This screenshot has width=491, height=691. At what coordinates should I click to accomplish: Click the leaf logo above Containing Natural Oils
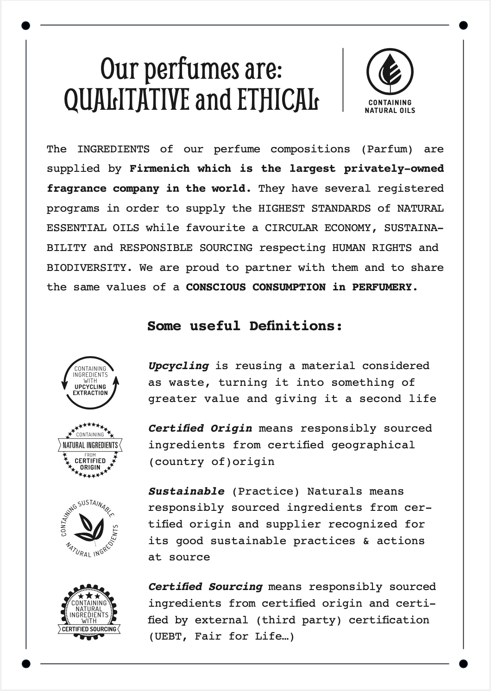pos(390,72)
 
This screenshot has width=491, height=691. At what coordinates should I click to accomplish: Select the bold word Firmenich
pos(159,169)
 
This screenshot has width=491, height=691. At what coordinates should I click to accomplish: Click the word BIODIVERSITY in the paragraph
pos(86,268)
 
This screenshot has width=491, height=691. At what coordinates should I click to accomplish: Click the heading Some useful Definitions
pos(245,326)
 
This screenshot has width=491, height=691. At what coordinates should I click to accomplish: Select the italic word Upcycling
pos(178,366)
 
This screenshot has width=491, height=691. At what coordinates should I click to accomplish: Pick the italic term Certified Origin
pos(200,428)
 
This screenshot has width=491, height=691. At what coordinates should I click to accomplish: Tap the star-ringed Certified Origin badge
pos(90,450)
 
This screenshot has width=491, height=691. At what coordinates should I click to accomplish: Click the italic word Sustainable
pos(186,491)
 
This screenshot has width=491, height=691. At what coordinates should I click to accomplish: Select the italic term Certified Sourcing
pos(205,587)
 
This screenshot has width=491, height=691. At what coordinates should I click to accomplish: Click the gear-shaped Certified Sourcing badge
pos(89,611)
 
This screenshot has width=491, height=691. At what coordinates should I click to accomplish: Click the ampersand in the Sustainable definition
pos(366,541)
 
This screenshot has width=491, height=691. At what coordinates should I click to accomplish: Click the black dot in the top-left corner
pos(26,25)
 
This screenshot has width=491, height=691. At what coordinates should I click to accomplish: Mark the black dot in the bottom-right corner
pos(463,664)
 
